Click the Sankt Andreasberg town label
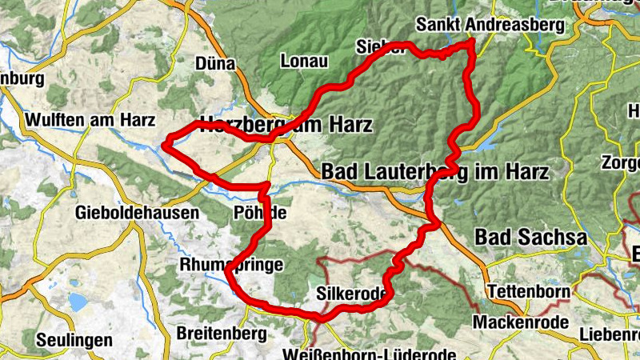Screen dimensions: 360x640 click(489, 25)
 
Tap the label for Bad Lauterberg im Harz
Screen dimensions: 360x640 click(434, 171)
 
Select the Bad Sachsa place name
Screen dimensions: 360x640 click(530, 238)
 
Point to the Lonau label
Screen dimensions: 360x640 click(305, 60)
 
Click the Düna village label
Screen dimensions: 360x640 click(214, 64)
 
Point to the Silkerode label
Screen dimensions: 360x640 click(352, 294)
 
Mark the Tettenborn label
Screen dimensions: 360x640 click(529, 290)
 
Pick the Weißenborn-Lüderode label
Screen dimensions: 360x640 click(370, 353)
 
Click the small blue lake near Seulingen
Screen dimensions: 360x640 click(78, 302)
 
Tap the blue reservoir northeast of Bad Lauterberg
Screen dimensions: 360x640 click(487, 138)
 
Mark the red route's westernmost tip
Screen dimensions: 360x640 click(164, 145)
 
